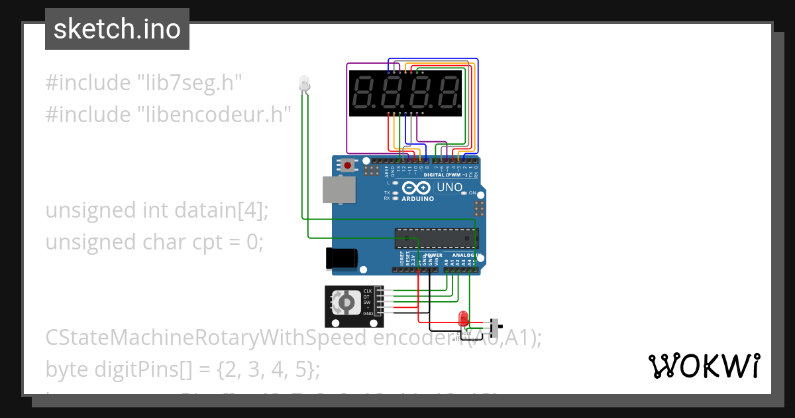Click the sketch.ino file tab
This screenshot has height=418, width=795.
coord(117,29)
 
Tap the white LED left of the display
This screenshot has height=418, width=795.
coord(304,83)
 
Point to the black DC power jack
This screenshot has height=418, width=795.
coord(342,258)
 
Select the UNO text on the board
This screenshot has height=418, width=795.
coord(450,188)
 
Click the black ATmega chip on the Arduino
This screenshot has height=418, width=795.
coord(435,238)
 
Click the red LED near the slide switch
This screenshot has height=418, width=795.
coord(463,317)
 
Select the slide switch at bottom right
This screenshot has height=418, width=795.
coord(494,326)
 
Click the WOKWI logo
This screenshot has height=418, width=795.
coord(704,365)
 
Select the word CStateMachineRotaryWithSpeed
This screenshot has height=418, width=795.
coord(205,338)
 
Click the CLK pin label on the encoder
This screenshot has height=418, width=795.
coord(367,291)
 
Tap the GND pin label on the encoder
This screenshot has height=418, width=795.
coord(367,313)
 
